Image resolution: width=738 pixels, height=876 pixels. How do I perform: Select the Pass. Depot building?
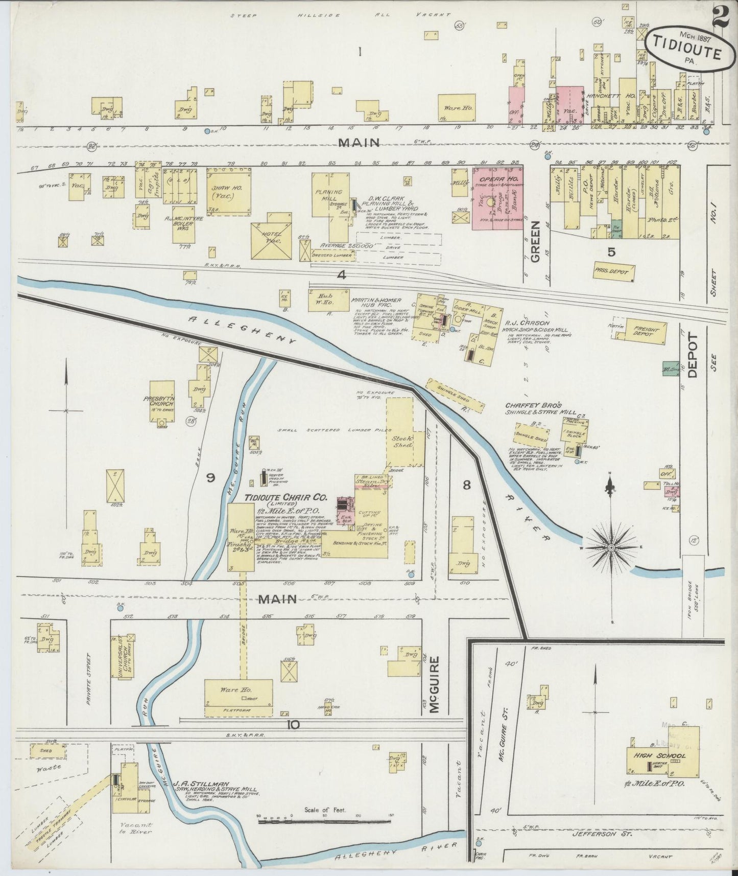[x=614, y=272]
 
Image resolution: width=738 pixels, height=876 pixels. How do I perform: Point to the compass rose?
[x=611, y=547]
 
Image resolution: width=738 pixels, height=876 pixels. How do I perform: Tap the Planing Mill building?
[x=329, y=197]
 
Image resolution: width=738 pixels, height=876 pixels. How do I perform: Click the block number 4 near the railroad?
[x=341, y=275]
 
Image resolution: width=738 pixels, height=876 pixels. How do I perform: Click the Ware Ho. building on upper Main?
[x=456, y=108]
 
